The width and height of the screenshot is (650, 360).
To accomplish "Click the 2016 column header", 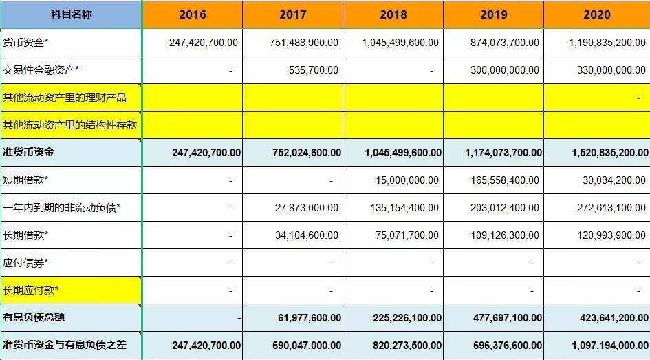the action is tap(193, 15).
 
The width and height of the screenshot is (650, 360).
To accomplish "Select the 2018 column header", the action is tap(393, 15).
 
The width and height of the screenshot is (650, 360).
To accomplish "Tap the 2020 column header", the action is tap(597, 15).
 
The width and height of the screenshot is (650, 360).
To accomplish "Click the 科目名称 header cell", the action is tap(72, 14).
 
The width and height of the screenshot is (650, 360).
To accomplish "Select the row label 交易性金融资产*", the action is tap(41, 70).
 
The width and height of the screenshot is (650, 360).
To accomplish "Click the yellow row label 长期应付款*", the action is tap(30, 290).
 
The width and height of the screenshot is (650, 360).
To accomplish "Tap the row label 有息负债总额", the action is tap(34, 317).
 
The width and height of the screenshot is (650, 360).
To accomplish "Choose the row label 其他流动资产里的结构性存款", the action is tap(69, 125).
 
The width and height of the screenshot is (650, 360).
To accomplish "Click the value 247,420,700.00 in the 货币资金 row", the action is tap(204, 42).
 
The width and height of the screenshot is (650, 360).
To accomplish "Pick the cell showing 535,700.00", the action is tap(314, 70).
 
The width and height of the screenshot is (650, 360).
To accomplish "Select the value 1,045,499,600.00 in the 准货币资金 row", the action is tap(403, 153).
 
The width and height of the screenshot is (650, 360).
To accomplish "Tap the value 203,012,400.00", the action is tap(504, 207).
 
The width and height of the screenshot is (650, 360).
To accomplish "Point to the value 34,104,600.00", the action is tap(307, 235).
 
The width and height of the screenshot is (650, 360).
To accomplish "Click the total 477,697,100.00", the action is tap(508, 318).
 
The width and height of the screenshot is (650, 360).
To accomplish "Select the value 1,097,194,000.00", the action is tap(610, 345).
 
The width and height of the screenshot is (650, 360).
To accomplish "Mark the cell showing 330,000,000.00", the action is tap(611, 70).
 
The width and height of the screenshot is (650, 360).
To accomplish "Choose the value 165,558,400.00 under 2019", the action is tap(505, 180).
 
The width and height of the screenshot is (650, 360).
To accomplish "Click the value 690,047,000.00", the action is tap(307, 345).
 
